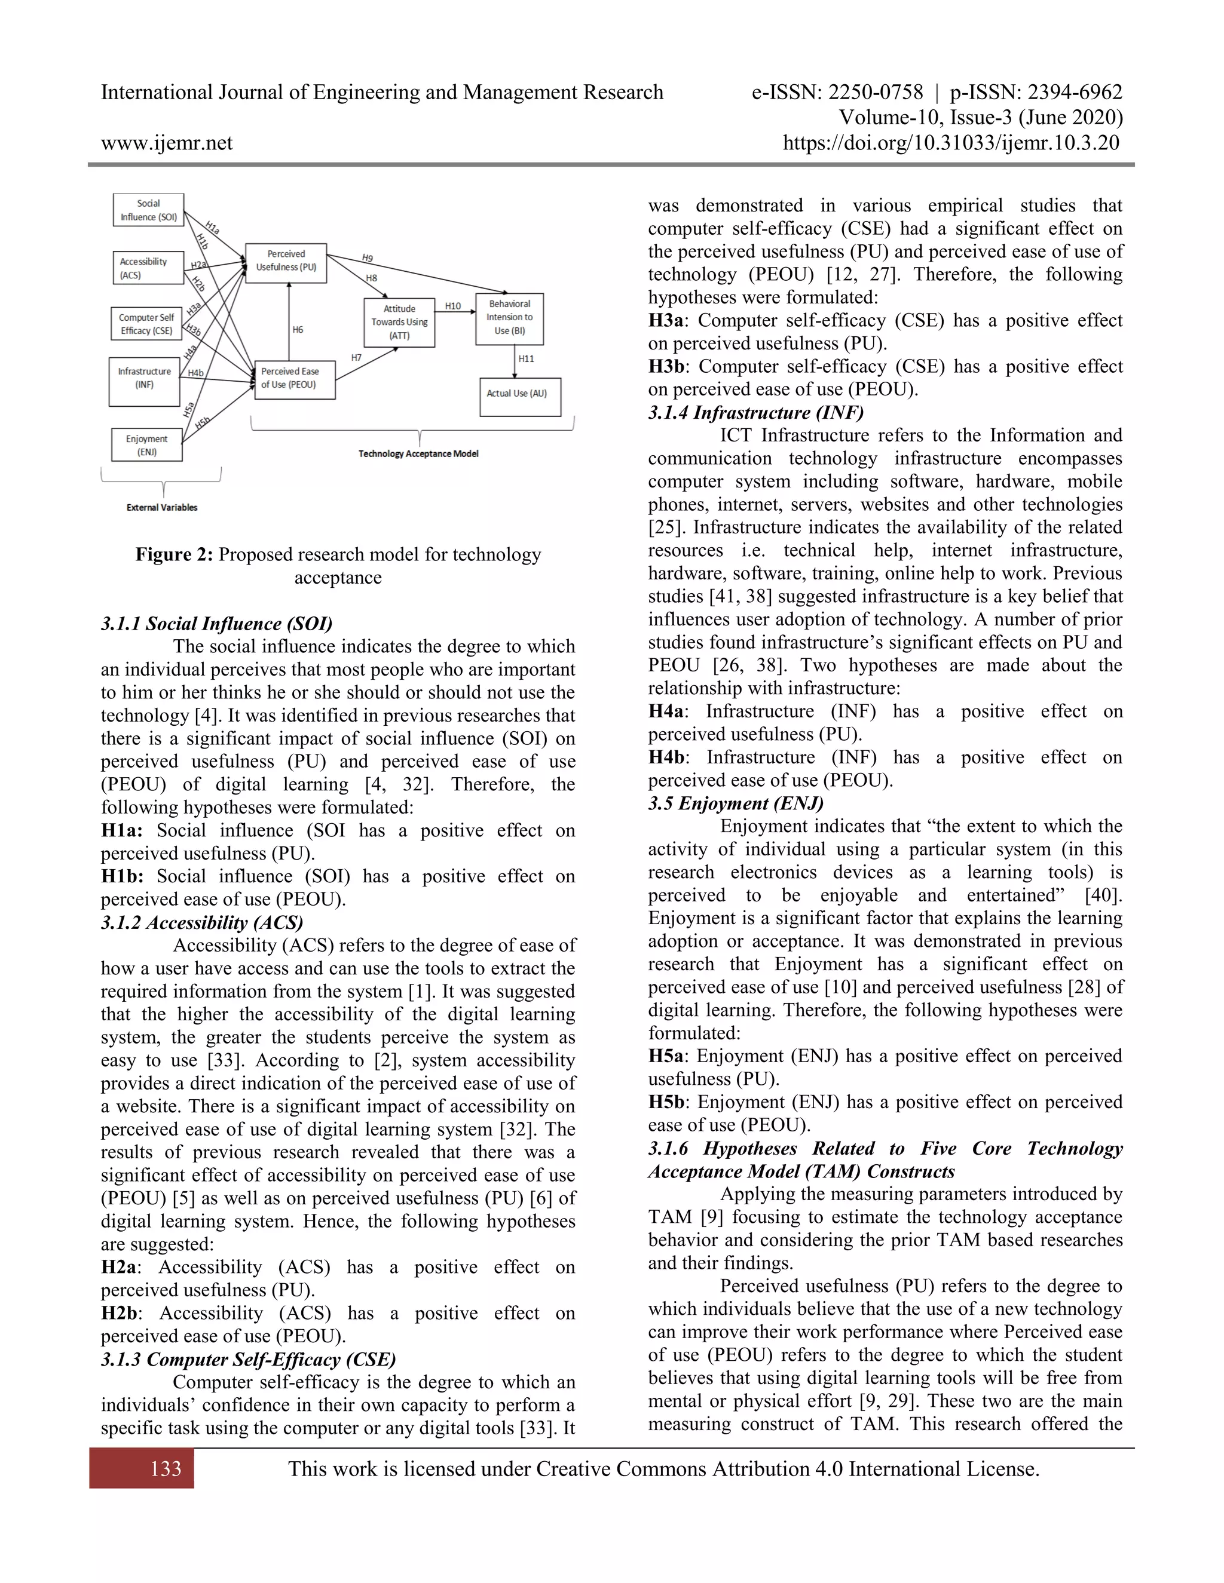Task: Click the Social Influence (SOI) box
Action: [x=148, y=210]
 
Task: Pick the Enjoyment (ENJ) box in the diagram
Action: [x=146, y=445]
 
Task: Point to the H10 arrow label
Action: [x=452, y=306]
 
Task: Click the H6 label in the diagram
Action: [x=297, y=330]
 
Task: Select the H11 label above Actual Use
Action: [x=526, y=359]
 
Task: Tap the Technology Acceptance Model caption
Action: [x=418, y=454]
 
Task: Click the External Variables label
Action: [x=162, y=507]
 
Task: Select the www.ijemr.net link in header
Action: [x=167, y=143]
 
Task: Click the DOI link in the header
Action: [x=951, y=143]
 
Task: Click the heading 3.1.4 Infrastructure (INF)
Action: [x=755, y=412]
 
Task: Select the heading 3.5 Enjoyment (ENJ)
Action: [x=735, y=803]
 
